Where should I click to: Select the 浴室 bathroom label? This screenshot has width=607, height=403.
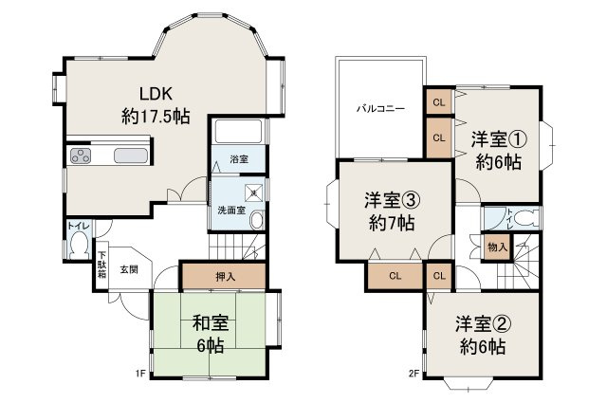tap(237, 159)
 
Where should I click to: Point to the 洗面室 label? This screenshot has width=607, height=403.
tap(226, 211)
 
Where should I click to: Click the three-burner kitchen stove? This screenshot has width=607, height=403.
tap(81, 157)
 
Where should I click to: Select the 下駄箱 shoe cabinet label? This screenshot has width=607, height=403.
tap(101, 266)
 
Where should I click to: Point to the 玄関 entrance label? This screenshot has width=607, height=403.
tap(128, 268)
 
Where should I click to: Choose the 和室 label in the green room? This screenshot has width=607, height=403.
tap(209, 321)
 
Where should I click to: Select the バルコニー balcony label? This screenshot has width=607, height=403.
tap(380, 108)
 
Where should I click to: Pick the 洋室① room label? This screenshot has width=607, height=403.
tap(498, 138)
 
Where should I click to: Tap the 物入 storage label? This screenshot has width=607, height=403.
tap(497, 247)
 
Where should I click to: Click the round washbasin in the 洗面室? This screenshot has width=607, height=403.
tap(256, 220)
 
